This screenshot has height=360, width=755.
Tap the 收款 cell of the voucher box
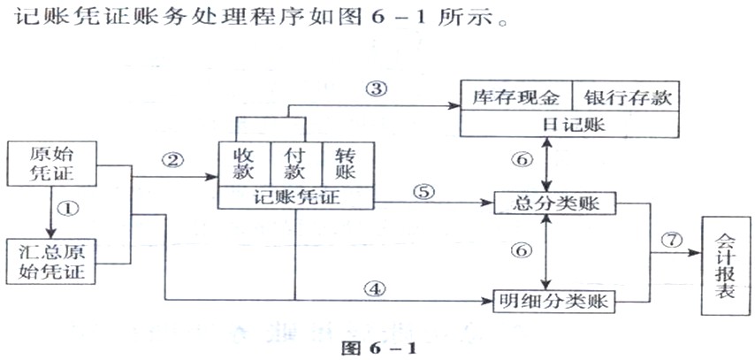click(x=243, y=164)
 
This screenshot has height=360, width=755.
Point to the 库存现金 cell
click(x=516, y=97)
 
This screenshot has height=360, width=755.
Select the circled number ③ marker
click(x=376, y=88)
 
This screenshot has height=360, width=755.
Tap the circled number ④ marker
click(x=376, y=287)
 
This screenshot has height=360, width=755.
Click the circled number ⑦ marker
click(x=672, y=239)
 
